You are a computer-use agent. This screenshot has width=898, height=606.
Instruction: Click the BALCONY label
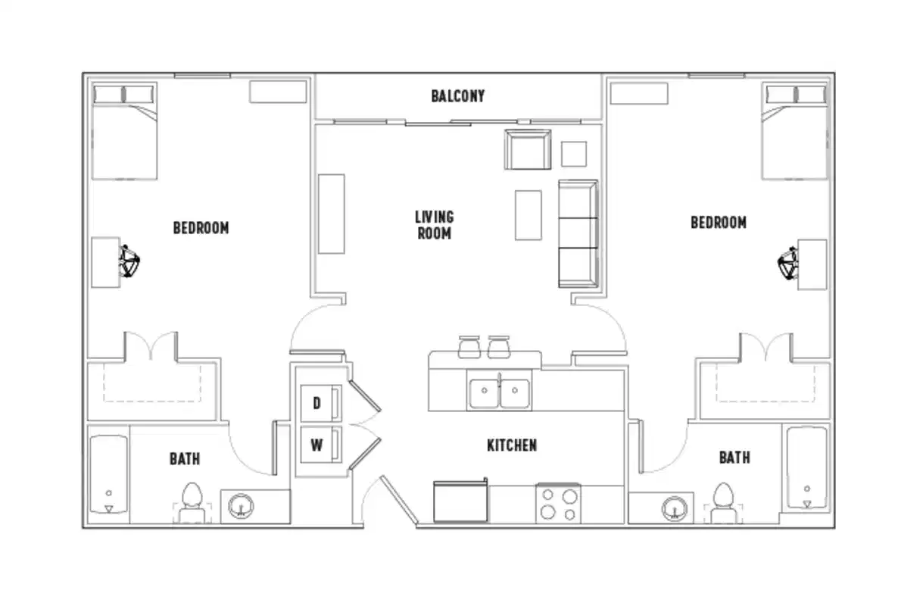457,96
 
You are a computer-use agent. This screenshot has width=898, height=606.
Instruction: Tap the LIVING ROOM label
434,226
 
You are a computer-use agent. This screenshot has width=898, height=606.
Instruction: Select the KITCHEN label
512,445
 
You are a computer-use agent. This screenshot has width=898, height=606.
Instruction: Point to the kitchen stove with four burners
557,504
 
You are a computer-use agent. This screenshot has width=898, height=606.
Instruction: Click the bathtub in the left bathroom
108,473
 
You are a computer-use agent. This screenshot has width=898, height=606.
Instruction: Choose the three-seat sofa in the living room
578,233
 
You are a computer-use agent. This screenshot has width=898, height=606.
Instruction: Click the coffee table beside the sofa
528,215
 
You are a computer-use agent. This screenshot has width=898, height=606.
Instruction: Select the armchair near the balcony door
528,149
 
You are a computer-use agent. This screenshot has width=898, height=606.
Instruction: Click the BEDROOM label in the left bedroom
201,227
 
